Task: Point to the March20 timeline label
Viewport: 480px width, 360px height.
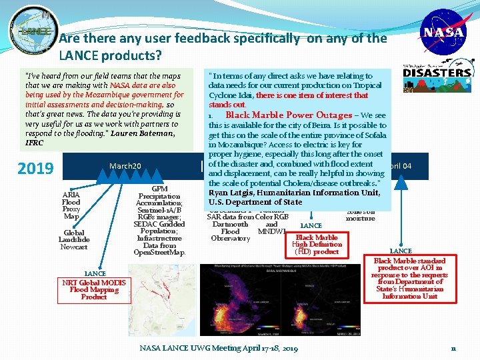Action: (125, 166)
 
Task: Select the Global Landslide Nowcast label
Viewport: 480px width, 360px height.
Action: (73, 240)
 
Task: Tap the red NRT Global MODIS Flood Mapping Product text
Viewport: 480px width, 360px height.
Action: (94, 289)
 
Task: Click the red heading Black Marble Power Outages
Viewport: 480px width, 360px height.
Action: (289, 115)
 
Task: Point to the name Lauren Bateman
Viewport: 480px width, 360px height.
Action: (143, 133)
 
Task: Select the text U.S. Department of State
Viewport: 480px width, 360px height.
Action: (255, 202)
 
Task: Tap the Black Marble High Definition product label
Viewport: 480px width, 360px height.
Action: (317, 244)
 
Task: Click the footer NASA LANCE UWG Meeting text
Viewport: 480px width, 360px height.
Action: (219, 348)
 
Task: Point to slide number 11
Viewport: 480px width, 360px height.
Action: (453, 348)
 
